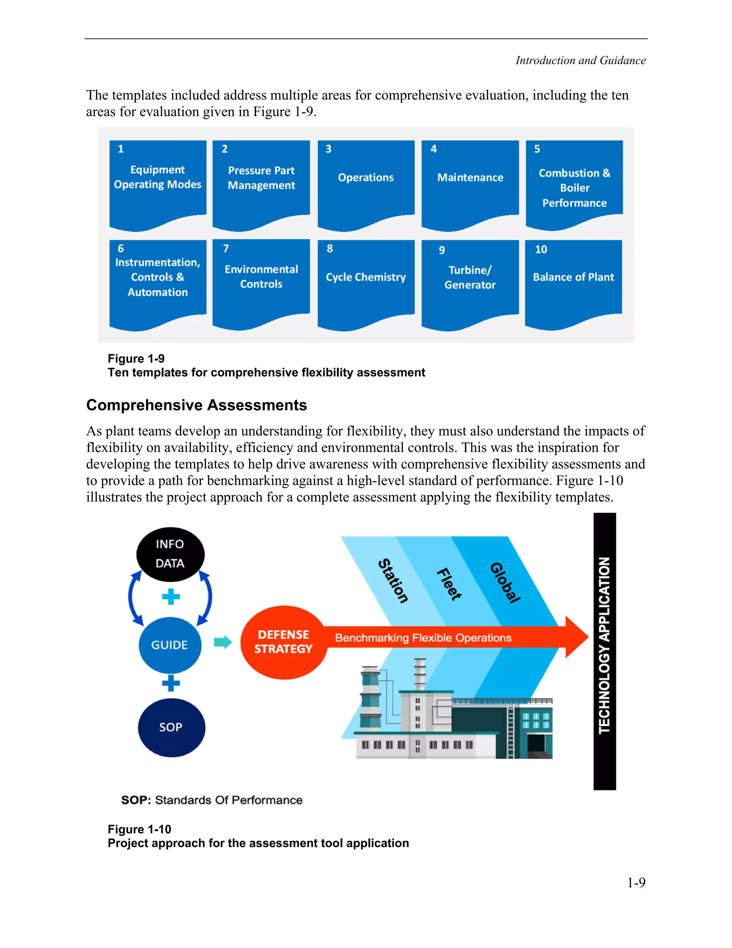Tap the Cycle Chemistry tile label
click(x=366, y=277)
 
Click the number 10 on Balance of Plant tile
click(x=541, y=250)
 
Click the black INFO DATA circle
click(x=170, y=554)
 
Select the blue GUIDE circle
click(x=169, y=645)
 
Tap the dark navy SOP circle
click(x=171, y=728)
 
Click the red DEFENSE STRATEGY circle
click(x=283, y=642)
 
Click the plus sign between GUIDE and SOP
click(x=170, y=683)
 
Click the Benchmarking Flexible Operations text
click(x=423, y=637)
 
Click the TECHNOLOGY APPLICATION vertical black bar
click(x=604, y=651)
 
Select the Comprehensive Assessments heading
click(x=197, y=405)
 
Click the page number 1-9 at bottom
click(x=636, y=883)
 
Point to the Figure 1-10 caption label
click(x=139, y=829)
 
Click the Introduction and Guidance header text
click(x=580, y=60)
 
